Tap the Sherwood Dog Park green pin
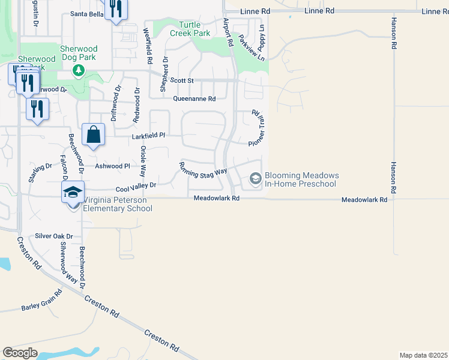click(x=78, y=71)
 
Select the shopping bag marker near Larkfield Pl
click(x=93, y=136)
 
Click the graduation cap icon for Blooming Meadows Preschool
click(x=255, y=179)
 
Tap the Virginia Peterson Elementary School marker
click(x=73, y=193)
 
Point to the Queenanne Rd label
click(x=194, y=99)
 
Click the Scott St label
click(x=182, y=80)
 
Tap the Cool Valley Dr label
click(x=136, y=187)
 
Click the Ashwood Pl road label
click(x=112, y=166)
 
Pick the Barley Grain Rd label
click(x=41, y=302)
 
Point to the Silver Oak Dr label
click(x=53, y=236)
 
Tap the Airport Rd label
click(x=228, y=32)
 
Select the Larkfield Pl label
click(x=148, y=136)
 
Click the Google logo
click(x=20, y=353)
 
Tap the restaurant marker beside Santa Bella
click(x=116, y=9)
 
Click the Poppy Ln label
click(x=262, y=37)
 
